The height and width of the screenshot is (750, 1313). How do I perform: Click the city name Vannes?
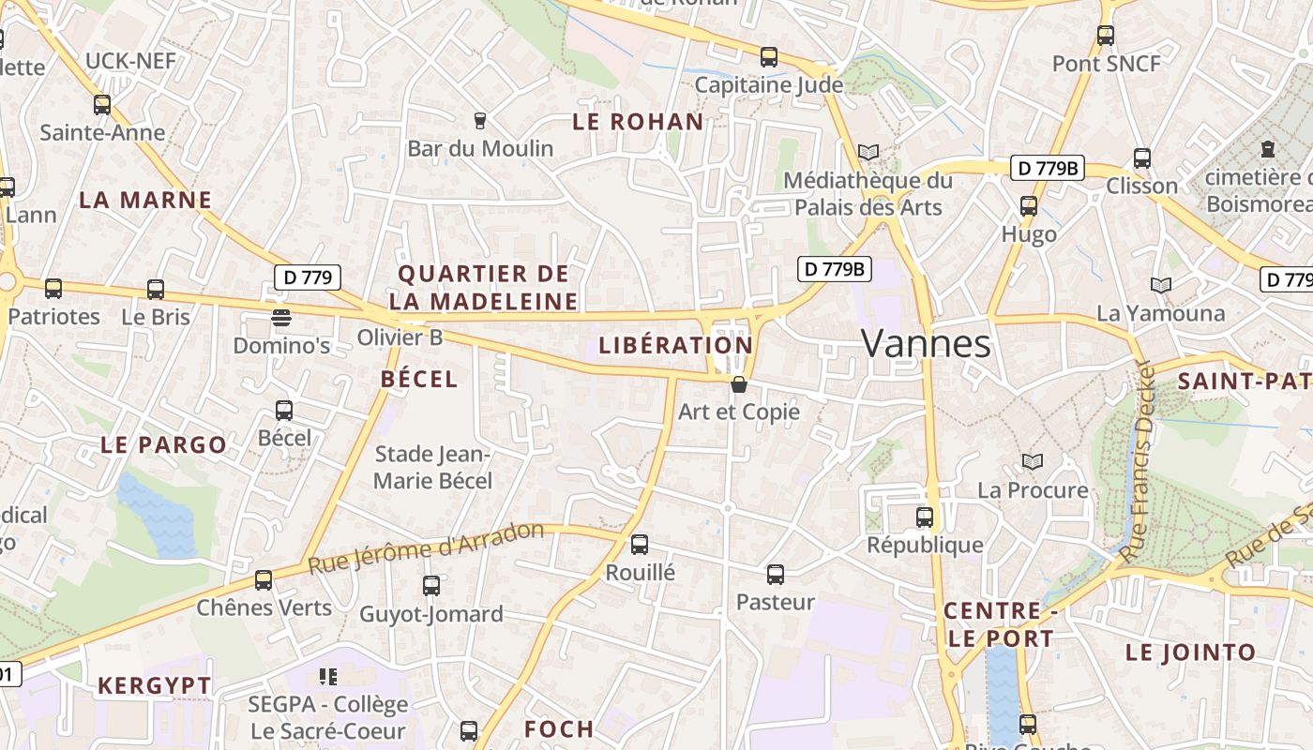pyautogui.click(x=926, y=344)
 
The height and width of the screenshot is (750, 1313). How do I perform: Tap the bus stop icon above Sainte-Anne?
pyautogui.click(x=102, y=105)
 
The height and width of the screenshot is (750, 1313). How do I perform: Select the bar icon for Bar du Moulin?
pyautogui.click(x=480, y=120)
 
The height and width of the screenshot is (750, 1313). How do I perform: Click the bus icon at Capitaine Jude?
pyautogui.click(x=769, y=57)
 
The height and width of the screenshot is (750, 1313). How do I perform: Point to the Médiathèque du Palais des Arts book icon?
pyautogui.click(x=868, y=152)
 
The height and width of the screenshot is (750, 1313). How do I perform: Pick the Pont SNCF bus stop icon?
pyautogui.click(x=1106, y=36)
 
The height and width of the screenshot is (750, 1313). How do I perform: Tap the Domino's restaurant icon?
pyautogui.click(x=280, y=317)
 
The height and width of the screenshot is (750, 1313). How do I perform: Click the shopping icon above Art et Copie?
pyautogui.click(x=739, y=383)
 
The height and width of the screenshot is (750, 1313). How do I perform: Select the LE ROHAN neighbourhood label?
pyautogui.click(x=638, y=121)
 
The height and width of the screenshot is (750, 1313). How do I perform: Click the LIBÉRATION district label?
pyautogui.click(x=675, y=345)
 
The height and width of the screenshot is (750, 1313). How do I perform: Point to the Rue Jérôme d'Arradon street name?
pyautogui.click(x=426, y=548)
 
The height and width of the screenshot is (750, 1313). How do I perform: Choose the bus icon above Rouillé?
pyautogui.click(x=640, y=544)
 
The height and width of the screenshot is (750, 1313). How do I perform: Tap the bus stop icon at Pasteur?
pyautogui.click(x=776, y=574)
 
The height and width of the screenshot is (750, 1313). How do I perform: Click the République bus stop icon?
pyautogui.click(x=925, y=517)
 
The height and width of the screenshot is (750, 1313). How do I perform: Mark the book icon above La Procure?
pyautogui.click(x=1033, y=461)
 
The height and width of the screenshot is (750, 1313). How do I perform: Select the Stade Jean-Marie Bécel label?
pyautogui.click(x=432, y=467)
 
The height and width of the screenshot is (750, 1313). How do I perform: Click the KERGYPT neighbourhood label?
pyautogui.click(x=155, y=685)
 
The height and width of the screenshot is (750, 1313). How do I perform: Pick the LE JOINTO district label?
pyautogui.click(x=1190, y=652)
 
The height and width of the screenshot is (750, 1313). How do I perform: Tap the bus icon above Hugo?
pyautogui.click(x=1029, y=206)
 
